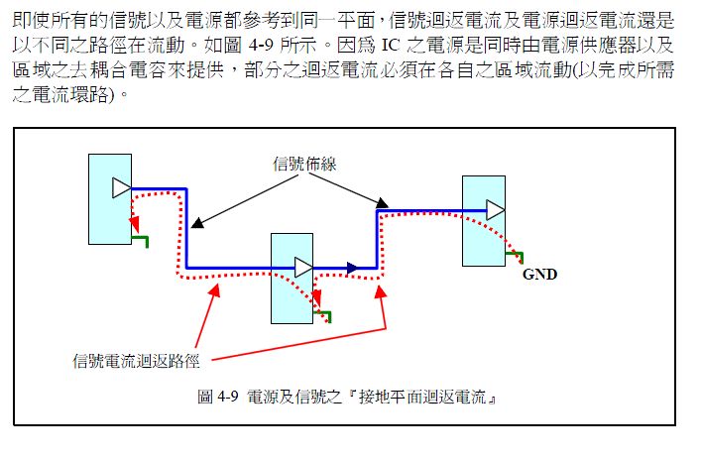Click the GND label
[539, 275]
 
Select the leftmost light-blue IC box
[109, 198]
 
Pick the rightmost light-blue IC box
[484, 221]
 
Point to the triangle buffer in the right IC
[495, 209]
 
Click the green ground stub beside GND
[514, 258]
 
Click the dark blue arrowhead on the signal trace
[350, 267]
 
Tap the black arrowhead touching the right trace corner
[381, 205]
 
